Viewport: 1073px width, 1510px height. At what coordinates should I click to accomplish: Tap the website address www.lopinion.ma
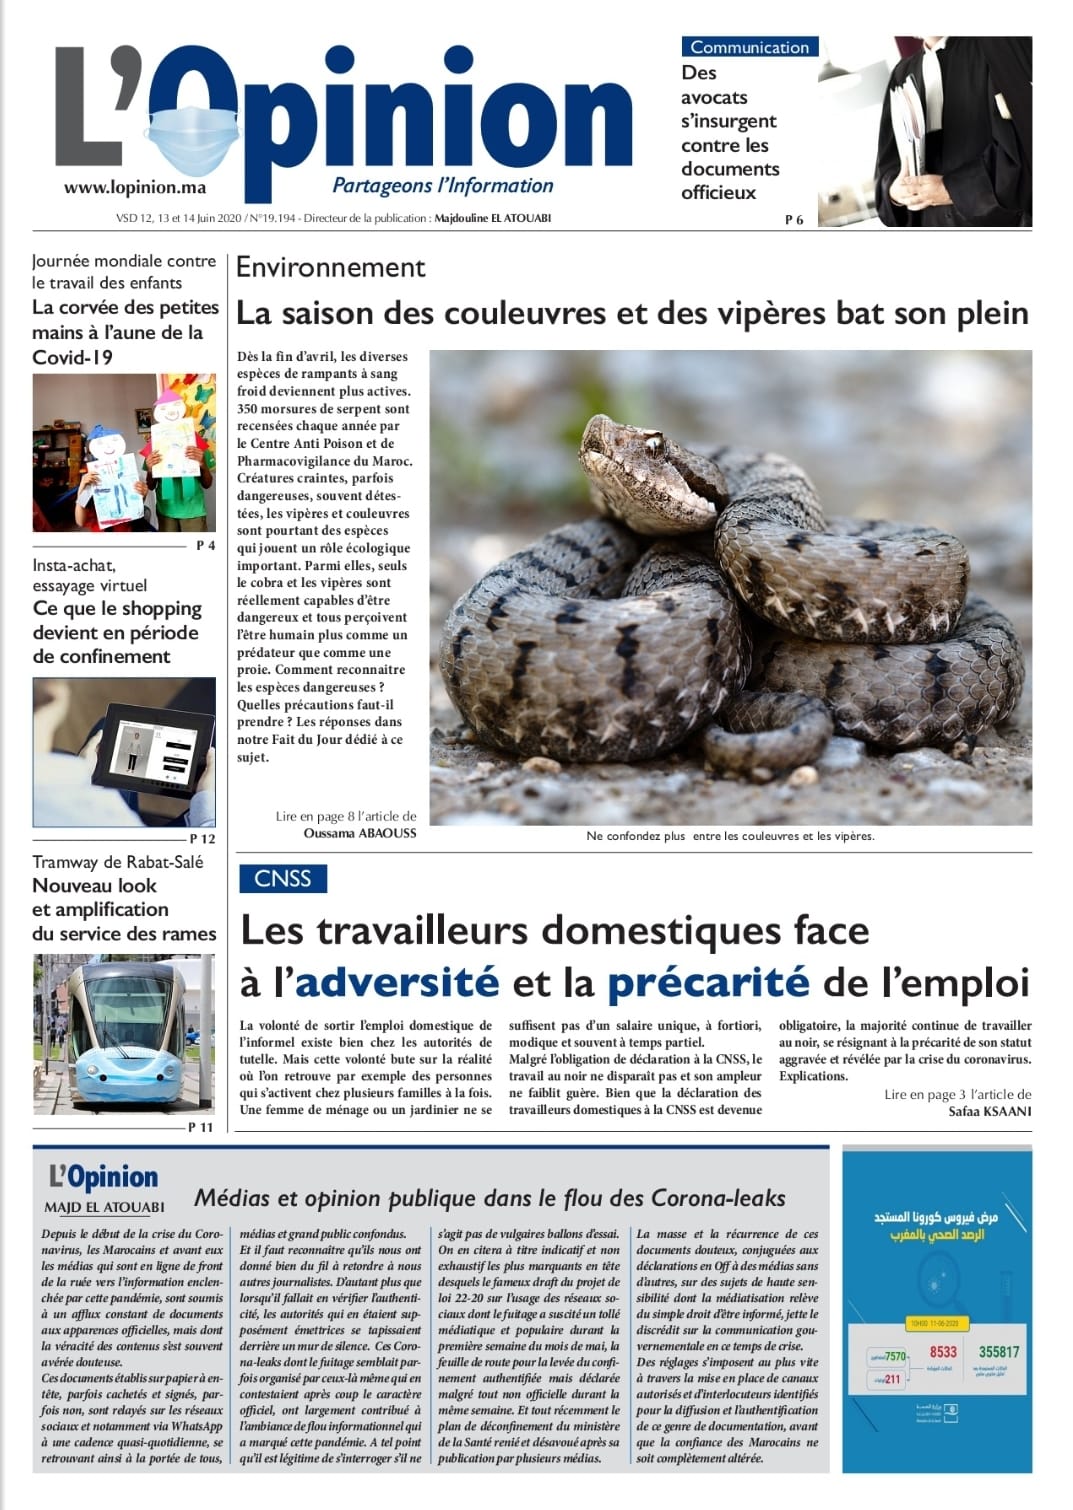(135, 187)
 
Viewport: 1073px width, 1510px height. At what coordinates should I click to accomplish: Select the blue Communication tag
(749, 47)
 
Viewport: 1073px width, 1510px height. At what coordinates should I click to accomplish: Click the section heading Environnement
(330, 267)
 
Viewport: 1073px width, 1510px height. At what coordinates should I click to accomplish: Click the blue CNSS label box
(283, 878)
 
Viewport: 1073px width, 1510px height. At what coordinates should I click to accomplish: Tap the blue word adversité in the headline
(396, 982)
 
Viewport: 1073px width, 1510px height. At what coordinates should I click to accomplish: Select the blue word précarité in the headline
(708, 982)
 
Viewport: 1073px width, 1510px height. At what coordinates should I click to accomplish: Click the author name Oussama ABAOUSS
(360, 832)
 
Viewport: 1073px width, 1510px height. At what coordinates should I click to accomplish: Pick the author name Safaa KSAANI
(989, 1111)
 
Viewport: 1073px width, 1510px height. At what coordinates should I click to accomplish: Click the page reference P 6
(794, 220)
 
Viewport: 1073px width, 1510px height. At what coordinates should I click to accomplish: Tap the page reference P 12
(202, 838)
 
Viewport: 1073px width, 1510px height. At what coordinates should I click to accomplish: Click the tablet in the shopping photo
(155, 745)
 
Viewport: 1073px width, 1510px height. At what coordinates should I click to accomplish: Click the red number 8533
(943, 1352)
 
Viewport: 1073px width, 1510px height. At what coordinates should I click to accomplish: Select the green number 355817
(999, 1352)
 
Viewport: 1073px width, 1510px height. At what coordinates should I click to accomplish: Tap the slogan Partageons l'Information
(442, 185)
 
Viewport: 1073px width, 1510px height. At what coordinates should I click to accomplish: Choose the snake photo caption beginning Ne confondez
(730, 836)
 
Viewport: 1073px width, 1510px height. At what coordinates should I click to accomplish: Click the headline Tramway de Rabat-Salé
(117, 862)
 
